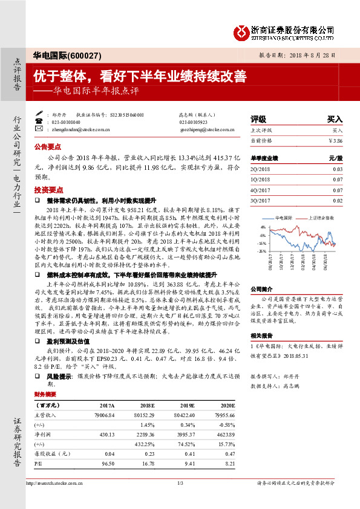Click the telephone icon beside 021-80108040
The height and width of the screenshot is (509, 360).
39,122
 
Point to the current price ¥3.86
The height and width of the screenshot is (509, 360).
335,140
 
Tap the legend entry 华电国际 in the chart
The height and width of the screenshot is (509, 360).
283,216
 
